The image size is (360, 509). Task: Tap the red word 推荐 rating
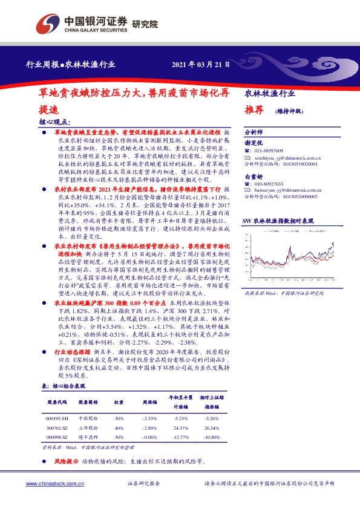254,111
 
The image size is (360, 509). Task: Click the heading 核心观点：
54,122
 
